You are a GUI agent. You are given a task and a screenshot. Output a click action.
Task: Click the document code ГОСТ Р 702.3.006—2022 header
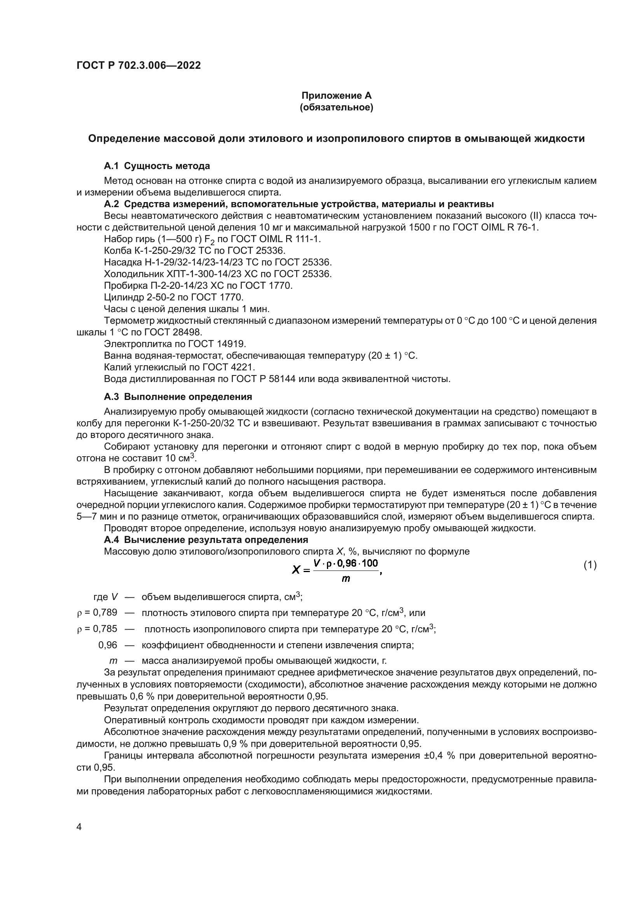click(138, 65)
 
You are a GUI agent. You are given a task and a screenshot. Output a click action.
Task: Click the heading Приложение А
click(337, 96)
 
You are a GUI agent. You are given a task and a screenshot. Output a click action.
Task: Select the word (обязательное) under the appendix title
click(337, 107)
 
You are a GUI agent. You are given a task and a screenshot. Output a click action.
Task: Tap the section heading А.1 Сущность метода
click(157, 166)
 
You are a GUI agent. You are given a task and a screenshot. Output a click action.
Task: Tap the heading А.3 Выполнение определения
click(178, 397)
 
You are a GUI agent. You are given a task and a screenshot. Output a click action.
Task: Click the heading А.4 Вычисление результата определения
click(206, 540)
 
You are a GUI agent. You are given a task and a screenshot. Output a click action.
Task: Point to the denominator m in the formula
click(346, 579)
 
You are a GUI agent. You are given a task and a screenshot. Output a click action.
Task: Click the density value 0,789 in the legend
click(105, 613)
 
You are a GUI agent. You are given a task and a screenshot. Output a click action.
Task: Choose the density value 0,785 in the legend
click(105, 629)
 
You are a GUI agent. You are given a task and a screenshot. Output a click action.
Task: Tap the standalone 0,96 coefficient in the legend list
click(108, 645)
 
